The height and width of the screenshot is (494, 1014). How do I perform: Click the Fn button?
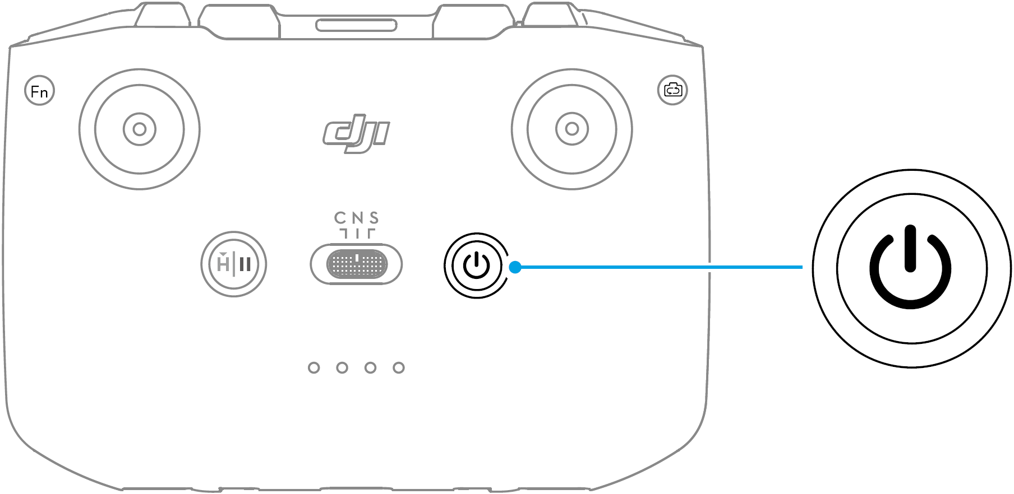(39, 91)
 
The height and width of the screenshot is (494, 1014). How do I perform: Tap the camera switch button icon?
(672, 90)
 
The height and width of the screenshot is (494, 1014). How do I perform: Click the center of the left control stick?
(139, 129)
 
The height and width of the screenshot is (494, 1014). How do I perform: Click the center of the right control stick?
(571, 129)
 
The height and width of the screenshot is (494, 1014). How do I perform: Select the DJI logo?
(356, 136)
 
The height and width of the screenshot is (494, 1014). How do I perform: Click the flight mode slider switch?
(356, 264)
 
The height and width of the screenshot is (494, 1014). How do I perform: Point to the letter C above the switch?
(340, 217)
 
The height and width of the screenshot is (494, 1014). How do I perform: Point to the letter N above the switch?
(357, 217)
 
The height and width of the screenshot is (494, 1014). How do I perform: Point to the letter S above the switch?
(374, 217)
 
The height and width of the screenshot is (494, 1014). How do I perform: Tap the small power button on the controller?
(476, 265)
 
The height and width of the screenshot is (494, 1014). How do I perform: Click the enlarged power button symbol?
(910, 267)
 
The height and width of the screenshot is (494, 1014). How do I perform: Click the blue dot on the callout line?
(515, 267)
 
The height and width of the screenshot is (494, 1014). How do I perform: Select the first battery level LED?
(314, 367)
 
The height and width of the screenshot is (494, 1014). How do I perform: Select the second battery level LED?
(342, 367)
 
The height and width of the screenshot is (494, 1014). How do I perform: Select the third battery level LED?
(370, 367)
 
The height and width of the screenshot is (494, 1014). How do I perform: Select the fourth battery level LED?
(399, 367)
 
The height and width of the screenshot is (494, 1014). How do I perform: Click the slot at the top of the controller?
(356, 25)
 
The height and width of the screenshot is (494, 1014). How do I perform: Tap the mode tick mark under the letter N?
(357, 234)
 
